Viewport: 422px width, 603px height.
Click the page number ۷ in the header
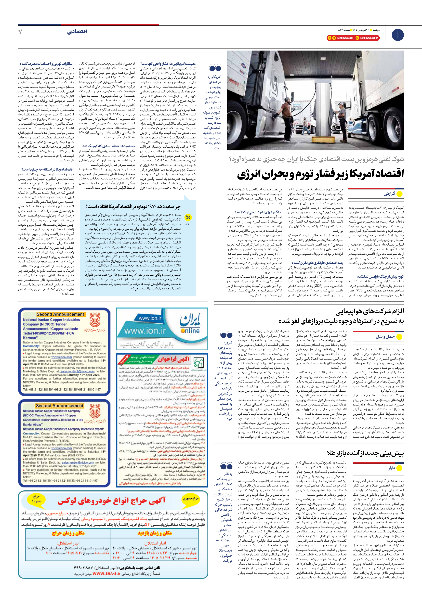click(x=20, y=32)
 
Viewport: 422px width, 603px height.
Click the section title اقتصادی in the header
click(x=77, y=32)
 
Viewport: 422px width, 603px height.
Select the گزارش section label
click(x=389, y=194)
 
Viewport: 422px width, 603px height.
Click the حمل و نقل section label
click(x=385, y=336)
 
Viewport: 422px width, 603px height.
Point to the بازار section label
click(x=391, y=468)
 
